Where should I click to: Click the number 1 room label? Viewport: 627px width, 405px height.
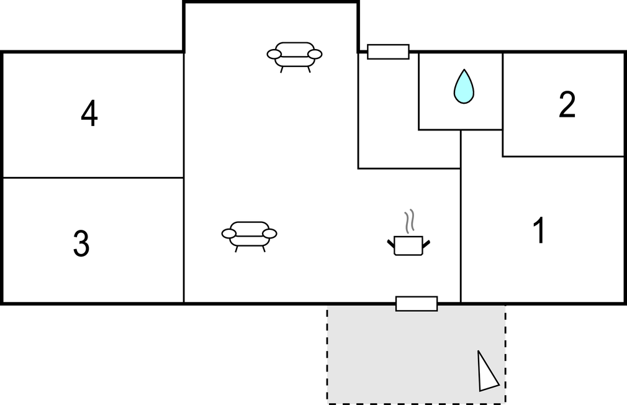coord(539,230)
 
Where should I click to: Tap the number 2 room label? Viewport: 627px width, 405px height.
coord(567,104)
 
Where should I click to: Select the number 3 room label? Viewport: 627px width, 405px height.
coord(81,243)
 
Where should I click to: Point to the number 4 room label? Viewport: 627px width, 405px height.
coord(89,113)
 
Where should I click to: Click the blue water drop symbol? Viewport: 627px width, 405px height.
coord(464,86)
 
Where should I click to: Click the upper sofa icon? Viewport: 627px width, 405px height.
coord(295,57)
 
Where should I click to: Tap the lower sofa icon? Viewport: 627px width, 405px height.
coord(249,237)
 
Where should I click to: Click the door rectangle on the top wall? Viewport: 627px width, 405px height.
coord(388,52)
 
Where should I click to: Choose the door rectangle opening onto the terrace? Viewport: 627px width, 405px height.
coord(417,304)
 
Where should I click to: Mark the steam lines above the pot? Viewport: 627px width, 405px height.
coord(408,221)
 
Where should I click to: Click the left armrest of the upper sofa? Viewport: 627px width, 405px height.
coord(274,54)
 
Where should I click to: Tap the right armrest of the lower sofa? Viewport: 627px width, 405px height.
coord(269,234)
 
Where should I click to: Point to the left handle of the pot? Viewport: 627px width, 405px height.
coord(391,243)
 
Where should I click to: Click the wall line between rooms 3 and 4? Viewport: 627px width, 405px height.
coord(93,178)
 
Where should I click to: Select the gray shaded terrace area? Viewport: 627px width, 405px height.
coord(417,355)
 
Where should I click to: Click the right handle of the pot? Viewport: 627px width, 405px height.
coord(426,243)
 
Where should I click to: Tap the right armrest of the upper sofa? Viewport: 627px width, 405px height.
coord(315,54)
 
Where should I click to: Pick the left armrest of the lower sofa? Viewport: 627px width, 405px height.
coord(229,234)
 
